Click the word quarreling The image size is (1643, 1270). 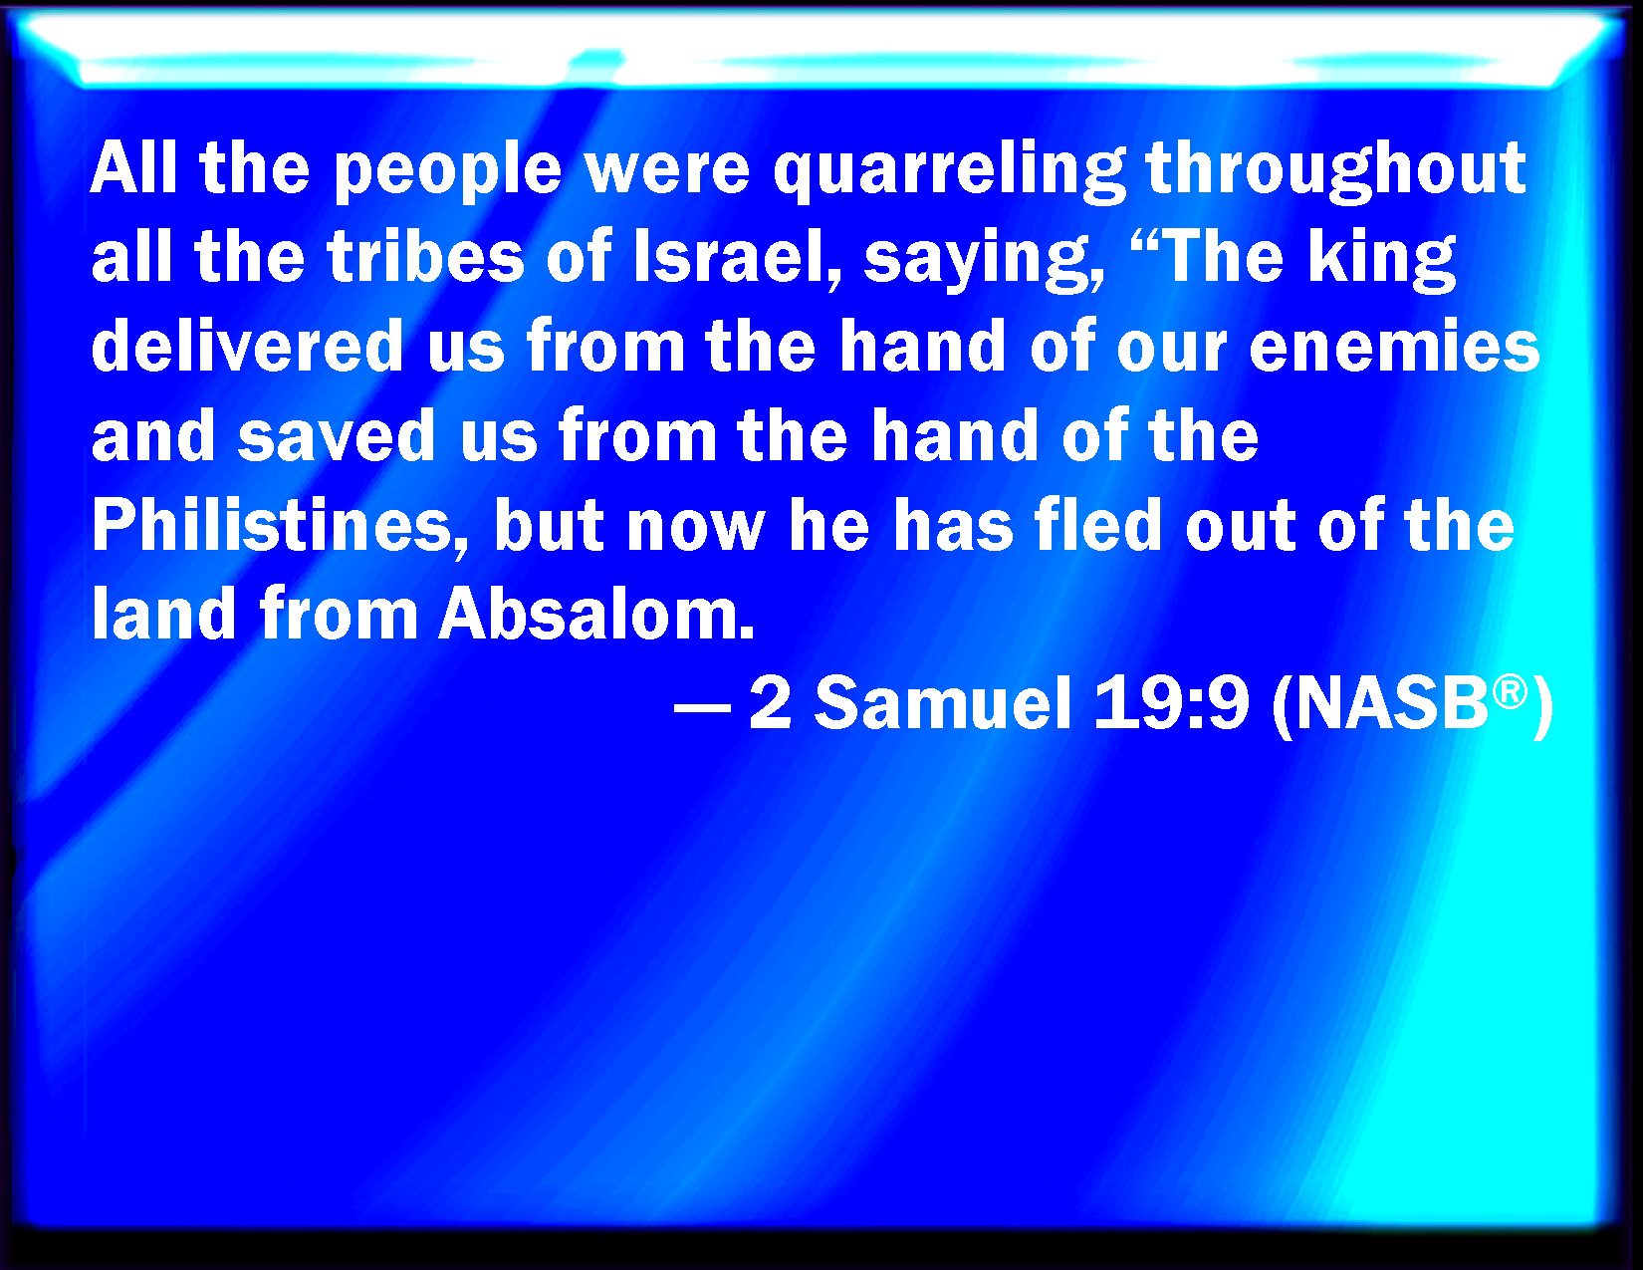coord(949,171)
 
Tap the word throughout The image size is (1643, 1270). coord(1335,171)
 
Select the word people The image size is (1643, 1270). coord(448,171)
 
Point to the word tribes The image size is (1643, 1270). coord(426,257)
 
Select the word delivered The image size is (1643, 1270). coord(247,346)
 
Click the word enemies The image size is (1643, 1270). coord(1395,346)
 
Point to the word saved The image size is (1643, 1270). coord(337,435)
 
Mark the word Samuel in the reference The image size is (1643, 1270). coord(943,702)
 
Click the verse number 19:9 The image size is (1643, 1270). coord(1171,702)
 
